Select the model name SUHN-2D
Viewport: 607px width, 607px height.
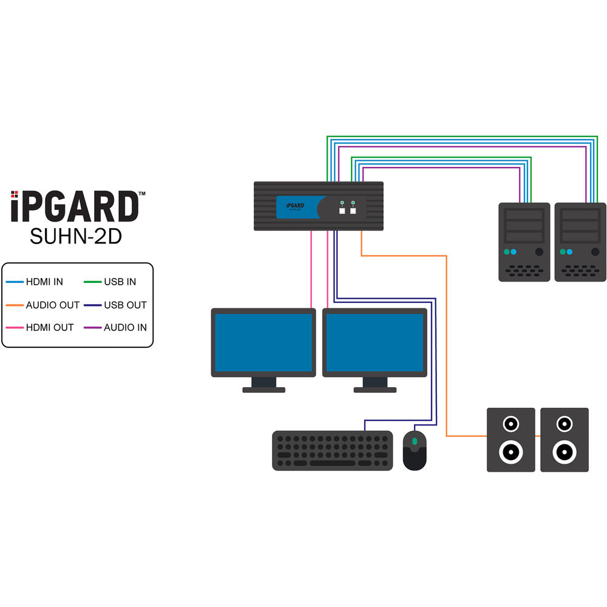click(x=76, y=236)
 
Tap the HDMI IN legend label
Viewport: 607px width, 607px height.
click(x=44, y=282)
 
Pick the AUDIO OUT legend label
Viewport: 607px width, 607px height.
click(x=52, y=305)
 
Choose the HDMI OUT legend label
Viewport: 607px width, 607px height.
click(x=49, y=327)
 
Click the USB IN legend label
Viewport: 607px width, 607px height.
click(x=120, y=282)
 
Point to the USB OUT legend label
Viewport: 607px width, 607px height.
click(x=125, y=305)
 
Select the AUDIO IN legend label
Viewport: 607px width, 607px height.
click(x=125, y=327)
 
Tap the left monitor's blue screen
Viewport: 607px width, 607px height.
click(x=263, y=342)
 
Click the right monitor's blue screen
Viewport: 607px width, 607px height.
click(x=375, y=342)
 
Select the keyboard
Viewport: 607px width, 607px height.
click(x=332, y=450)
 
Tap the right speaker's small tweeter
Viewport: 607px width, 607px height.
click(x=565, y=423)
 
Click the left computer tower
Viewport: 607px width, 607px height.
click(x=524, y=242)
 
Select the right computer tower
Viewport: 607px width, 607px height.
click(x=580, y=242)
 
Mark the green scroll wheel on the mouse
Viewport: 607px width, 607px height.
click(x=415, y=441)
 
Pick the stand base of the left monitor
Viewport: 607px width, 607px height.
click(x=263, y=390)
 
